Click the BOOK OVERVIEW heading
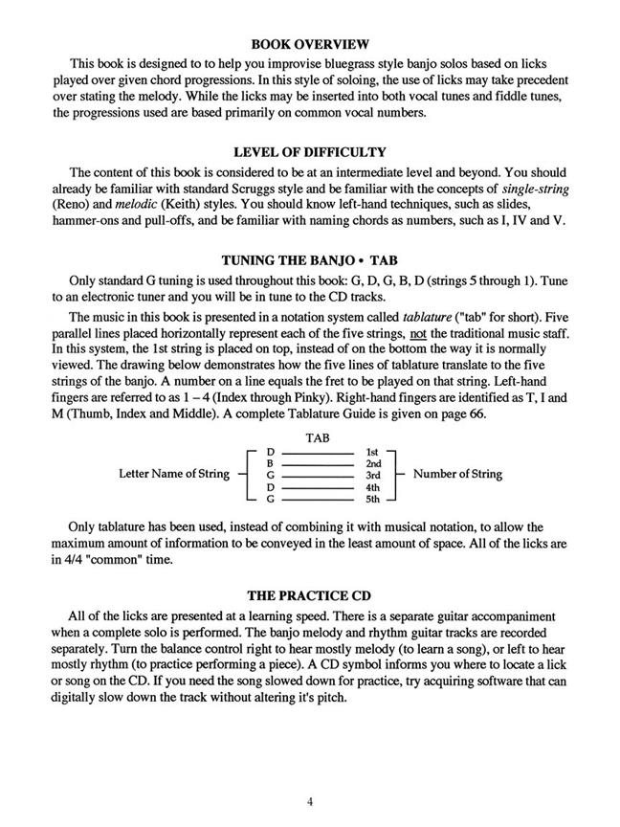(x=309, y=44)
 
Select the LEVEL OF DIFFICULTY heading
(x=310, y=151)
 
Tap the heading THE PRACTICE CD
(x=310, y=596)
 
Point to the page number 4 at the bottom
(x=310, y=802)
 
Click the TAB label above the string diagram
(x=317, y=438)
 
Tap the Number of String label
(x=457, y=474)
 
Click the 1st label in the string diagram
(x=373, y=451)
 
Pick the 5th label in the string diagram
(x=373, y=499)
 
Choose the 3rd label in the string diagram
(x=373, y=475)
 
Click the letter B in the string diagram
(x=271, y=462)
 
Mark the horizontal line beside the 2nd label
(x=316, y=463)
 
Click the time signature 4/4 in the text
(x=79, y=560)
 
